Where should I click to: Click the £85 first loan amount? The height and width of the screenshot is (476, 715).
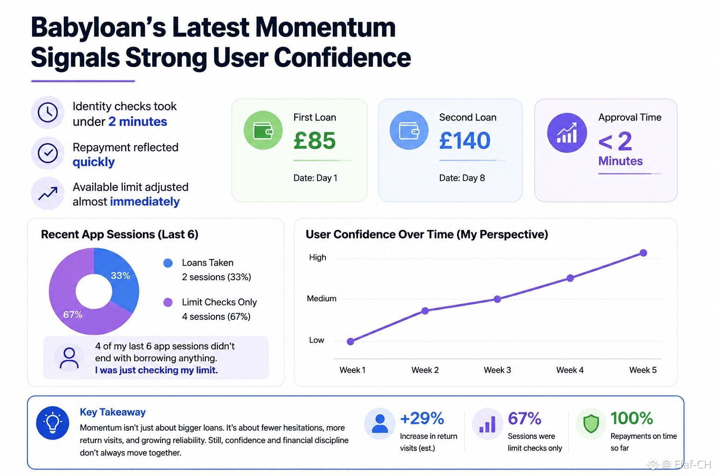314,140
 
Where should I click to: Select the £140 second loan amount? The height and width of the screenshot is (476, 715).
465,140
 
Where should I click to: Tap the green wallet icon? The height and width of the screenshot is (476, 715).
263,130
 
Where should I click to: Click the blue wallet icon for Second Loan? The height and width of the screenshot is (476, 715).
409,130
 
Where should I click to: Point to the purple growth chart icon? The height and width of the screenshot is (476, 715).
567,132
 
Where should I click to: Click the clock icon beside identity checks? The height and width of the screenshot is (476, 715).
48,112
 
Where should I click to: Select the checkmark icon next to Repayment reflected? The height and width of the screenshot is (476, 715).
48,153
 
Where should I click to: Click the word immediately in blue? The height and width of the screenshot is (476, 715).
145,201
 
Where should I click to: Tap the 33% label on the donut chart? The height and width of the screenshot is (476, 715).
121,276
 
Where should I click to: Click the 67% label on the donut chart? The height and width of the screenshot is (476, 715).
73,315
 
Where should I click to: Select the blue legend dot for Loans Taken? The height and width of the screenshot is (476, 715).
168,263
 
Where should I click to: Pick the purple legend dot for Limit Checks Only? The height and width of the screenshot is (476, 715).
168,302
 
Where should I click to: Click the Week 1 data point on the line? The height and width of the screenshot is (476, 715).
351,342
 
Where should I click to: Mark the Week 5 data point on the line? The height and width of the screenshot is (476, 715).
643,253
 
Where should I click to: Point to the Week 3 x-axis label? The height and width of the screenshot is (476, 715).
497,370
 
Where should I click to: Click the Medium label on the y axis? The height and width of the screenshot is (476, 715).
322,298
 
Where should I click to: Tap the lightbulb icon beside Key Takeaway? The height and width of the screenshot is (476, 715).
53,423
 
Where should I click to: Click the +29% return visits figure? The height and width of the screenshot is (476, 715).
422,418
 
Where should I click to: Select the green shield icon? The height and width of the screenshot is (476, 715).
591,424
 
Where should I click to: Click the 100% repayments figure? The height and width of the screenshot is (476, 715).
632,418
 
